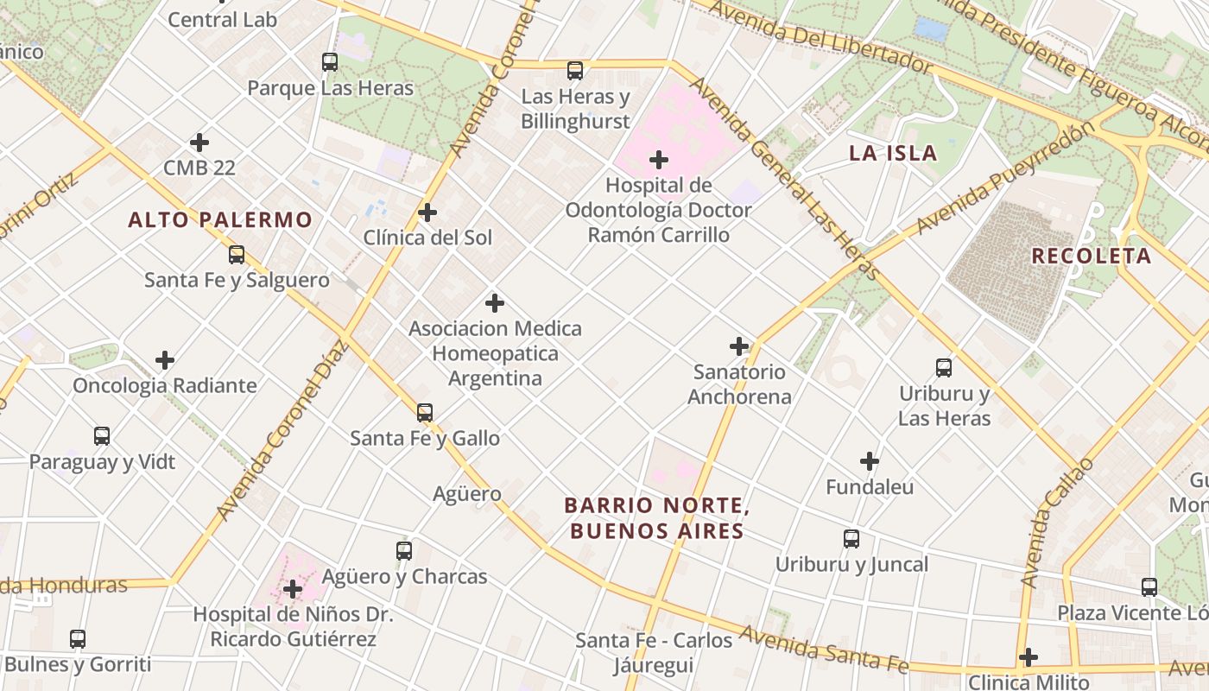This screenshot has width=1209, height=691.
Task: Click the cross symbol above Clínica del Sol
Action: (427, 212)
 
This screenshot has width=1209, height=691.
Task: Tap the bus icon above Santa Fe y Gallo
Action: (424, 413)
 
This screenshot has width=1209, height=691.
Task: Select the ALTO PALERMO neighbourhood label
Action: (219, 219)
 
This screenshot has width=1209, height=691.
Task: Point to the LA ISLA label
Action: (893, 154)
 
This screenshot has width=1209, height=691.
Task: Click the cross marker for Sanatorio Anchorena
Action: (739, 346)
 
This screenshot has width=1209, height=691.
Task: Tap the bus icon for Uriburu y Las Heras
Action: (944, 368)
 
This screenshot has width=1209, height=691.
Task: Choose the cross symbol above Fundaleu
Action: (870, 461)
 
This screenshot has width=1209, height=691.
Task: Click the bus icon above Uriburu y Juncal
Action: (851, 539)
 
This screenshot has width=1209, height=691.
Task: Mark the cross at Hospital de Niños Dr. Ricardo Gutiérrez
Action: (293, 589)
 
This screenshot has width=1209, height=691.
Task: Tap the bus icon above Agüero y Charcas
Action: (403, 551)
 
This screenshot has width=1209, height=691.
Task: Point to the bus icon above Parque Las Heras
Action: (330, 62)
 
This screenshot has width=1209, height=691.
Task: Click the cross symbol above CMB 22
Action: (199, 142)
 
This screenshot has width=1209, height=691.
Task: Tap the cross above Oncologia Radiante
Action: (165, 360)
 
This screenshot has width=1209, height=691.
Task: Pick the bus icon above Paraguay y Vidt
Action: (102, 436)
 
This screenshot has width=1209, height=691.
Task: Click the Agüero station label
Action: (466, 494)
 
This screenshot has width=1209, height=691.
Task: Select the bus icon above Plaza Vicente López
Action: (1149, 587)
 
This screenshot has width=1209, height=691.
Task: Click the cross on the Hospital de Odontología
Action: (659, 160)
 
